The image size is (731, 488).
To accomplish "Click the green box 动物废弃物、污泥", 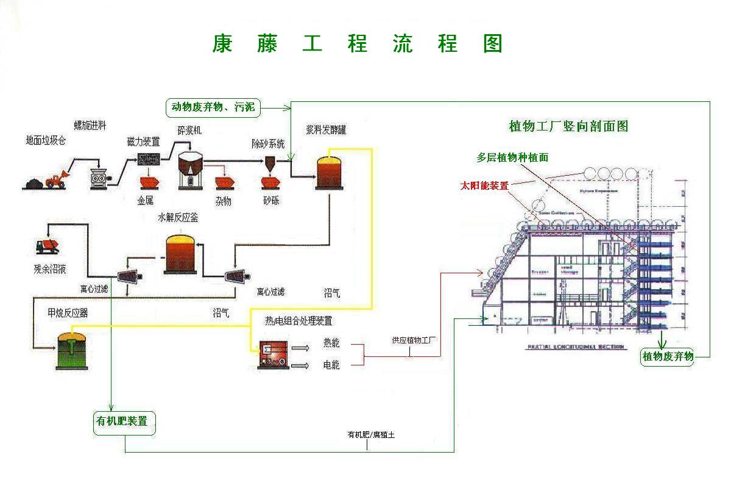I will (x=213, y=108).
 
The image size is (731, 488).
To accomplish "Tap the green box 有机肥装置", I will (x=125, y=422).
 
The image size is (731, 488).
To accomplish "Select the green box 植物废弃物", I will (x=668, y=356).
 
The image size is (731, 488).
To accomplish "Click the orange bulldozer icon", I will (x=58, y=179).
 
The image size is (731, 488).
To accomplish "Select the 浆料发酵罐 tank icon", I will (x=329, y=173).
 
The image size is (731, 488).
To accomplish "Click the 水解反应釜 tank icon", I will (x=182, y=254).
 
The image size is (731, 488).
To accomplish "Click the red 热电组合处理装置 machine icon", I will (x=273, y=353).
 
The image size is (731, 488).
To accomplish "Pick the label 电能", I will (x=331, y=365).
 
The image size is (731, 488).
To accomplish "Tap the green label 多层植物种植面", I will (x=512, y=157).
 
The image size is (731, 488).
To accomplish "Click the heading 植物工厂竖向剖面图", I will (x=568, y=126).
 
